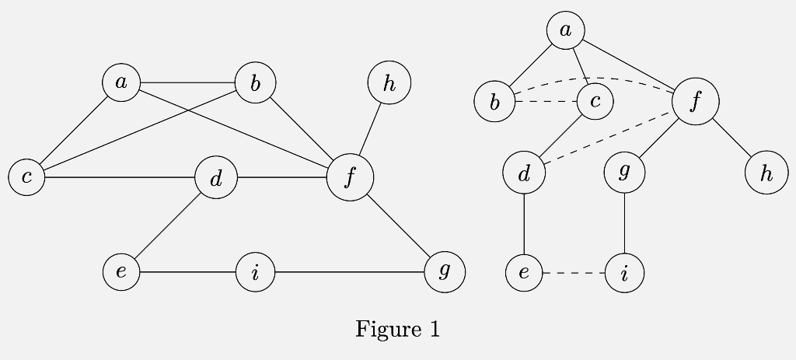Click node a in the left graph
coord(121,82)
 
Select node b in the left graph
coord(255,82)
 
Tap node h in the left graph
coord(389,82)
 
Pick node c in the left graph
coord(27,177)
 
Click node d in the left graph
coord(216,178)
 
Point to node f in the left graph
coord(350,177)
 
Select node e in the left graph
coord(121,272)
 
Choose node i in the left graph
coord(255,273)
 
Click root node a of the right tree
coord(565,30)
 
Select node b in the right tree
coord(494,102)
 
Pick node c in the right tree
coord(595,101)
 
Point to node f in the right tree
coord(695,101)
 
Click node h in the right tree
coord(766,173)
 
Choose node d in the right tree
coord(524,173)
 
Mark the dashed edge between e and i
coord(574,273)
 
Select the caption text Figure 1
coord(397,329)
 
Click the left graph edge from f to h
coord(370,129)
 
